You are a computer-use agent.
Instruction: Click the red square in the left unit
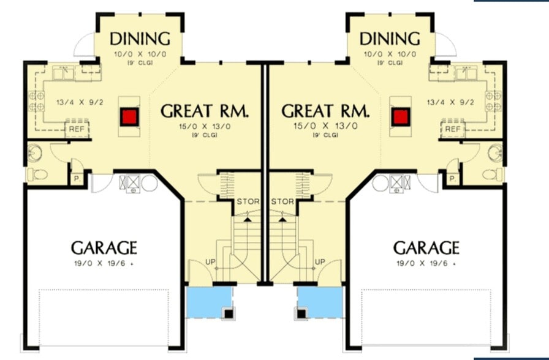(x=129, y=116)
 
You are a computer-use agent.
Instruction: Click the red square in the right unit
(x=401, y=116)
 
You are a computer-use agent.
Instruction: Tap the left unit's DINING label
(x=140, y=39)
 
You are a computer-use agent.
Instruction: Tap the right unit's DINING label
(x=390, y=39)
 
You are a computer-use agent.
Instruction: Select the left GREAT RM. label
(x=205, y=111)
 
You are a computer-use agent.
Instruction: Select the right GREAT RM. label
(x=325, y=111)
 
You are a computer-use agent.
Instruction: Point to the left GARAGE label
(x=104, y=248)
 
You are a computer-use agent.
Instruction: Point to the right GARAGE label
(x=426, y=248)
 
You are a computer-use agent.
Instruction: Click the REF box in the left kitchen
(x=77, y=129)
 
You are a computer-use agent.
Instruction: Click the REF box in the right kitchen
(x=453, y=129)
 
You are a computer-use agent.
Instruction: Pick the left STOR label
(x=248, y=201)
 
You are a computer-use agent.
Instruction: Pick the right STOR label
(x=282, y=201)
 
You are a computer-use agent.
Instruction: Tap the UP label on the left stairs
(x=211, y=262)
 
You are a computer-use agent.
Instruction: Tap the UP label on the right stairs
(x=319, y=262)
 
